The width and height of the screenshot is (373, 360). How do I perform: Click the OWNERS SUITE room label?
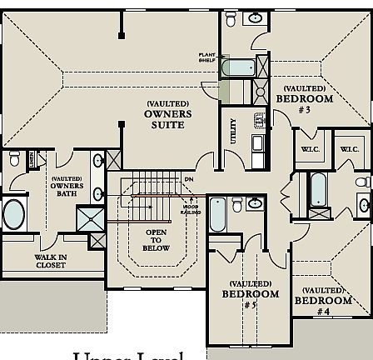167,114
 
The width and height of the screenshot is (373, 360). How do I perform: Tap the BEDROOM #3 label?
305,98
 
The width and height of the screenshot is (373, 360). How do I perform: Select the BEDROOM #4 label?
323,301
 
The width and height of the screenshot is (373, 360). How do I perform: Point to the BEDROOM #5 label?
251,294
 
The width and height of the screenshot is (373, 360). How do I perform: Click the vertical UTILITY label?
234,130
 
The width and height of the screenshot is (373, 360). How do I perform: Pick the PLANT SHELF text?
206,57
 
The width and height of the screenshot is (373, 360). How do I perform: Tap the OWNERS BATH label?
67,186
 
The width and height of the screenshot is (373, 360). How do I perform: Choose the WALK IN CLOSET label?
51,261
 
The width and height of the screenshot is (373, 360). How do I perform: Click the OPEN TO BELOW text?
156,240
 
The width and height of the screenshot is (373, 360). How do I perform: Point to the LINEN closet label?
32,157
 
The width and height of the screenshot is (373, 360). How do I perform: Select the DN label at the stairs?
188,178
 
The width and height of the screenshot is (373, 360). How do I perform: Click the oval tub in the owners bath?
14,214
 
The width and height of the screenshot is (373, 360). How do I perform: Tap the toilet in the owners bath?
14,158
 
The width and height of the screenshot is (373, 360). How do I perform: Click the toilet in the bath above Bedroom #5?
237,204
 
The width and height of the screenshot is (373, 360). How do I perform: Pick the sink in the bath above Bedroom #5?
256,203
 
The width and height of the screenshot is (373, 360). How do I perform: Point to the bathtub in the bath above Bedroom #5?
216,215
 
